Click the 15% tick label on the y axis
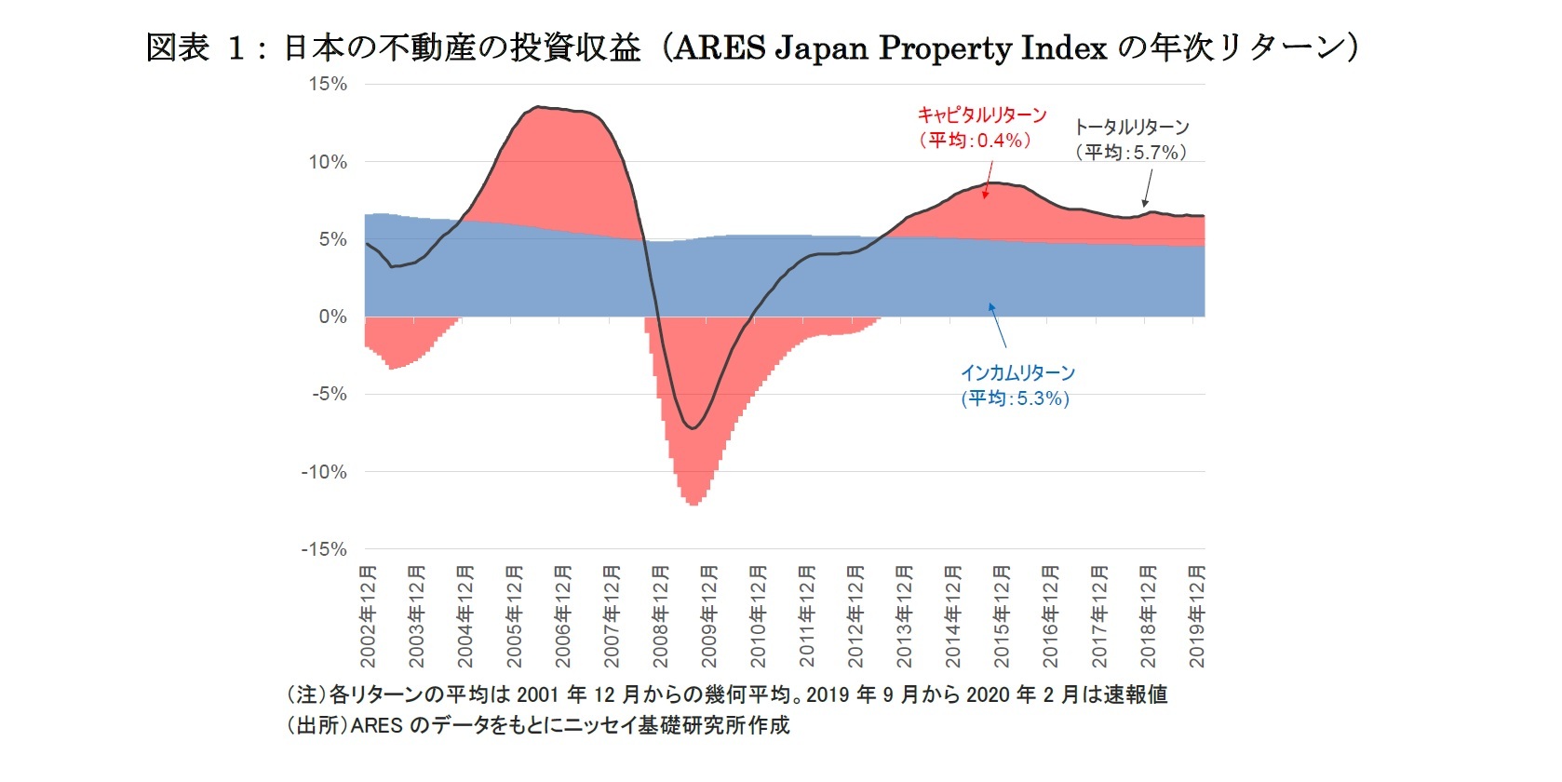328,84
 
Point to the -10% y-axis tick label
324,472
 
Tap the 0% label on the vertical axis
332,317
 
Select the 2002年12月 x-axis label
369,616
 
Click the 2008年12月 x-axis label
661,616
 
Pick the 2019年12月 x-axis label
1197,616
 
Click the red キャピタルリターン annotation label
982,115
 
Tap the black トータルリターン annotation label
1132,127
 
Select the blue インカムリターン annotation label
1017,372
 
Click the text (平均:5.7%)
1131,152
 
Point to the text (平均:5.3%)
1016,398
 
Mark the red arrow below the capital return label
989,179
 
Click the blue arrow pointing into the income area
997,325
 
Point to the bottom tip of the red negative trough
694,505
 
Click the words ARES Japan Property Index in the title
890,47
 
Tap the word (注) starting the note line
306,694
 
